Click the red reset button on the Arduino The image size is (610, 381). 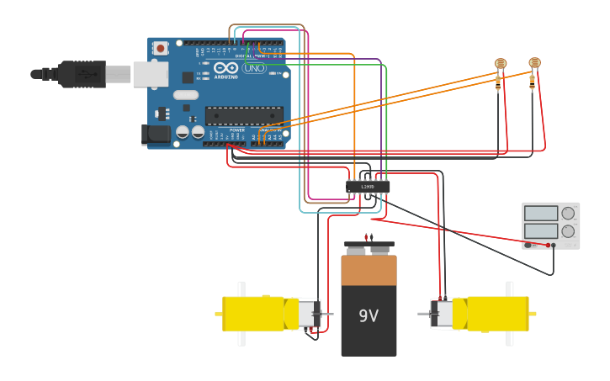(x=160, y=48)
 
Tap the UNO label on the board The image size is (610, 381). (x=253, y=68)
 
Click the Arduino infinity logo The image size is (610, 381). (x=225, y=67)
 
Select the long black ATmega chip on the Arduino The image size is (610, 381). (x=244, y=116)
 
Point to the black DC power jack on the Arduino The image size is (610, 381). (x=156, y=133)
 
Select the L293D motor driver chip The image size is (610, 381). (x=368, y=187)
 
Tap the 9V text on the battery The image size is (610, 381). (x=369, y=316)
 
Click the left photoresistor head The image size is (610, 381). (x=501, y=63)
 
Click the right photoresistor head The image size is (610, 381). (x=534, y=63)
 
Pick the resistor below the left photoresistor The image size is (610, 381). (x=498, y=82)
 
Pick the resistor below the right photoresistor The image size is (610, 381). (x=532, y=82)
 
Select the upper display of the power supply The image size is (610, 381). (x=541, y=214)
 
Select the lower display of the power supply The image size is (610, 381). (x=541, y=230)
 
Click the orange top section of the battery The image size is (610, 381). (x=369, y=270)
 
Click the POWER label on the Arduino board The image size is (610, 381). (x=237, y=130)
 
